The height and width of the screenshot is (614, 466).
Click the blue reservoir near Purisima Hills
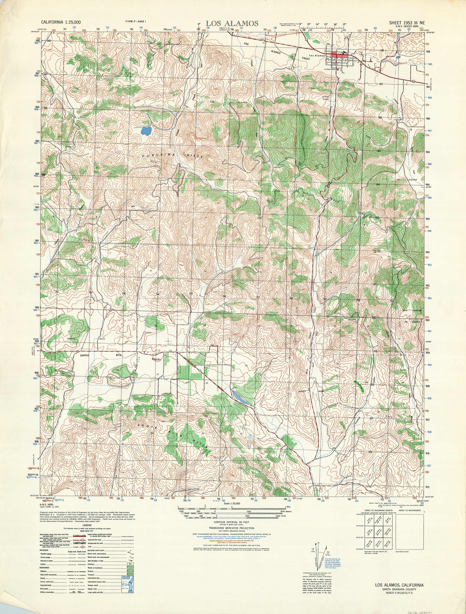coord(146,131)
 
